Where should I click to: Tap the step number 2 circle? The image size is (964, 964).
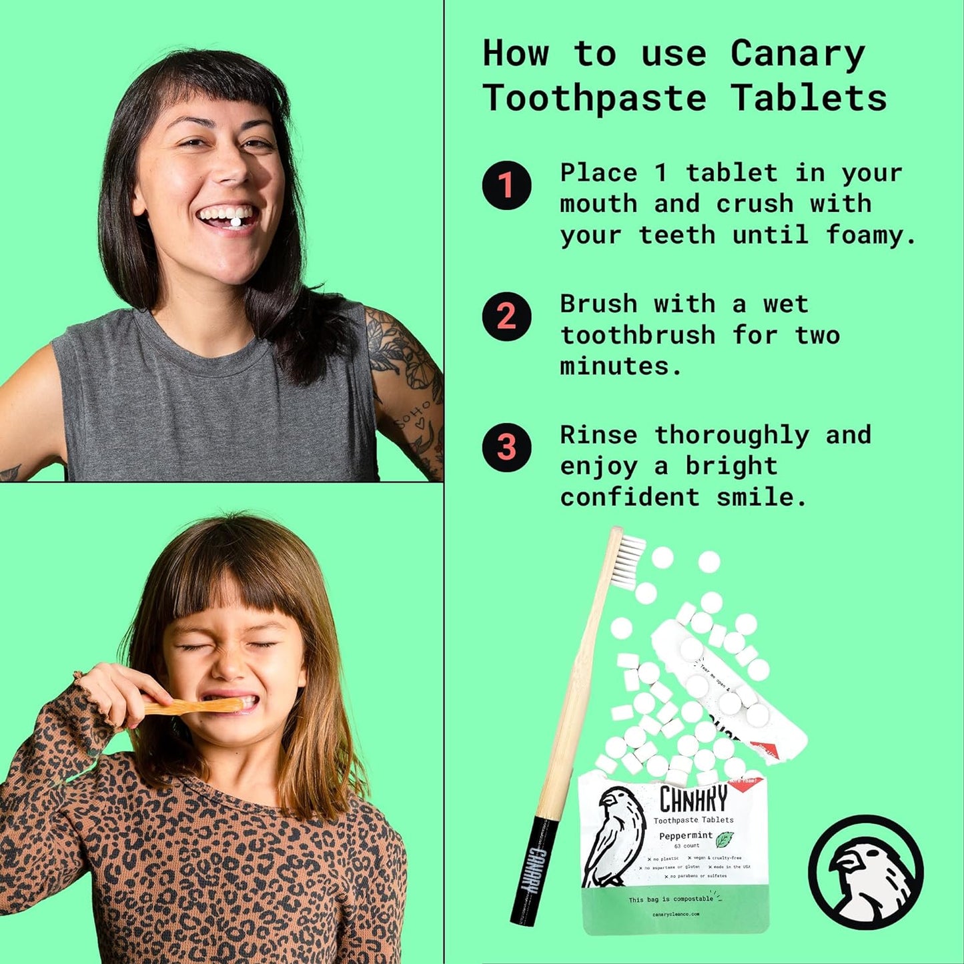(x=506, y=316)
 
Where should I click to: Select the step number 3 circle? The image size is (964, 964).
(x=506, y=447)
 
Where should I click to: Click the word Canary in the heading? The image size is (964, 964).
(x=797, y=55)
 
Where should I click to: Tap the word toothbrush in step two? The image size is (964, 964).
(x=638, y=335)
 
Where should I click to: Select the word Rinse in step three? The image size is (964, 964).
(x=598, y=435)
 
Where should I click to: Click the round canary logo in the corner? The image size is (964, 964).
(x=866, y=872)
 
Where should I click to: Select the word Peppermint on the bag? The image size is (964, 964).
(x=685, y=836)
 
